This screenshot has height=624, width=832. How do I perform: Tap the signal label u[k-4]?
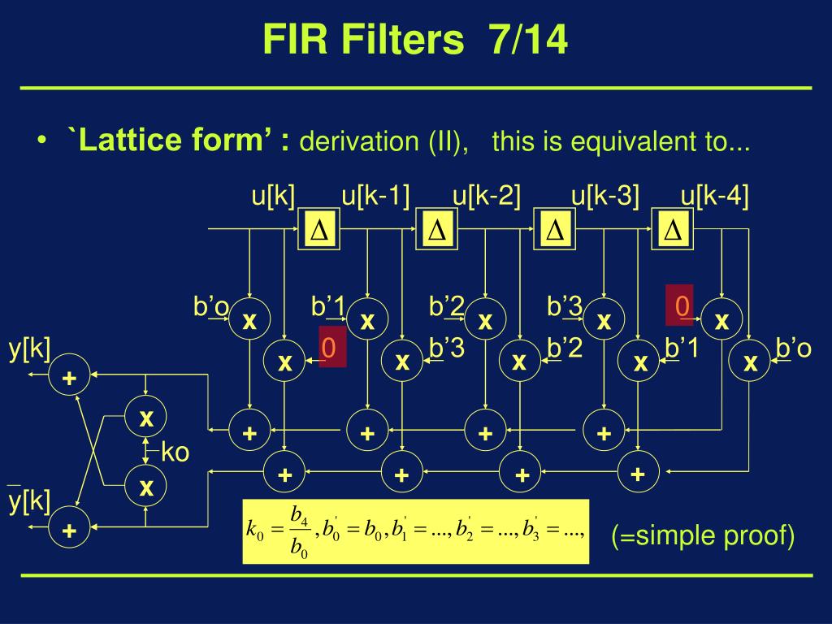tap(715, 197)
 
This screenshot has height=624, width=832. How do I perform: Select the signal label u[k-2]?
tap(487, 197)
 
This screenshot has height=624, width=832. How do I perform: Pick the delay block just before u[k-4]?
tap(673, 231)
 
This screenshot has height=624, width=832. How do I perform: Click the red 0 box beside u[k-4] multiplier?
tap(681, 305)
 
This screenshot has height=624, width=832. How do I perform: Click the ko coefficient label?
tap(175, 452)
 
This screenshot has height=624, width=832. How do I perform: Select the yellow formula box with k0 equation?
tap(415, 531)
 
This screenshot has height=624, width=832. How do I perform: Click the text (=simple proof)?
tap(703, 536)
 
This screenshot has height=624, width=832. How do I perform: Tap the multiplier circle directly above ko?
tap(146, 418)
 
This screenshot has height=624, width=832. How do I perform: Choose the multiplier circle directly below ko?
tap(146, 487)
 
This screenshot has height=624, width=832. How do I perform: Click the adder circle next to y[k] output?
tap(70, 378)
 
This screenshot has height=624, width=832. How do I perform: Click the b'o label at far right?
tap(793, 348)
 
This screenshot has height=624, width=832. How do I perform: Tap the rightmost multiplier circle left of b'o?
tap(750, 362)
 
